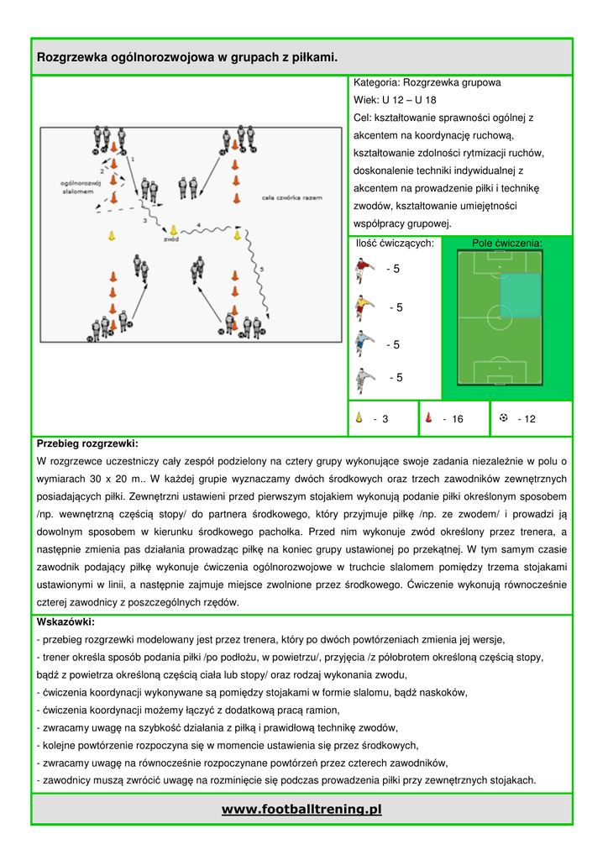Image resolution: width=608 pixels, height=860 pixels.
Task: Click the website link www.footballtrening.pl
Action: pos(301,809)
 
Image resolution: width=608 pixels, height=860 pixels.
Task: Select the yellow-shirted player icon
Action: pos(362,307)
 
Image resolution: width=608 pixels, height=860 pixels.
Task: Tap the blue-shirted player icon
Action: pos(362,343)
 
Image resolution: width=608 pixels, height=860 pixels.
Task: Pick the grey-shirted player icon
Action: pos(363,378)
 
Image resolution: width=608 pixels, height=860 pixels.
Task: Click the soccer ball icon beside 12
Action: pos(503,417)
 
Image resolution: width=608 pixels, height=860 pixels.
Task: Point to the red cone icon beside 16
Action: pos(428,417)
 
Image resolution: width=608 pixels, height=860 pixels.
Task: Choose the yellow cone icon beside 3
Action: pos(358,417)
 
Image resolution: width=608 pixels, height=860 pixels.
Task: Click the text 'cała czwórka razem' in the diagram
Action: pos(292,197)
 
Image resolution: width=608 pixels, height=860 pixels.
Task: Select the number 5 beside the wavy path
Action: pos(261,270)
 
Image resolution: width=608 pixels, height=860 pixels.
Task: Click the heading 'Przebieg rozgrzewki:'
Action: pos(87,443)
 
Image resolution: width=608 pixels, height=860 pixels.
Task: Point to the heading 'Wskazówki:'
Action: pos(66,622)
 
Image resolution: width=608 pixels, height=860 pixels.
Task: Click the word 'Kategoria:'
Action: pos(376,83)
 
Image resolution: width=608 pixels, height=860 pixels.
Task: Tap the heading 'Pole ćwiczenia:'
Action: pos(507,244)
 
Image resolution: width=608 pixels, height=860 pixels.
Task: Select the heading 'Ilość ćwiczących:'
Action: pos(395,244)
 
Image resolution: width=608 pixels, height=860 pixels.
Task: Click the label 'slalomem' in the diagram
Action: pos(78,191)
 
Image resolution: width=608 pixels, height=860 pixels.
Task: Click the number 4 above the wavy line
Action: pos(198,224)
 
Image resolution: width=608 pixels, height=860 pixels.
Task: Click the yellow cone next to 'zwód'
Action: pos(174,229)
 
